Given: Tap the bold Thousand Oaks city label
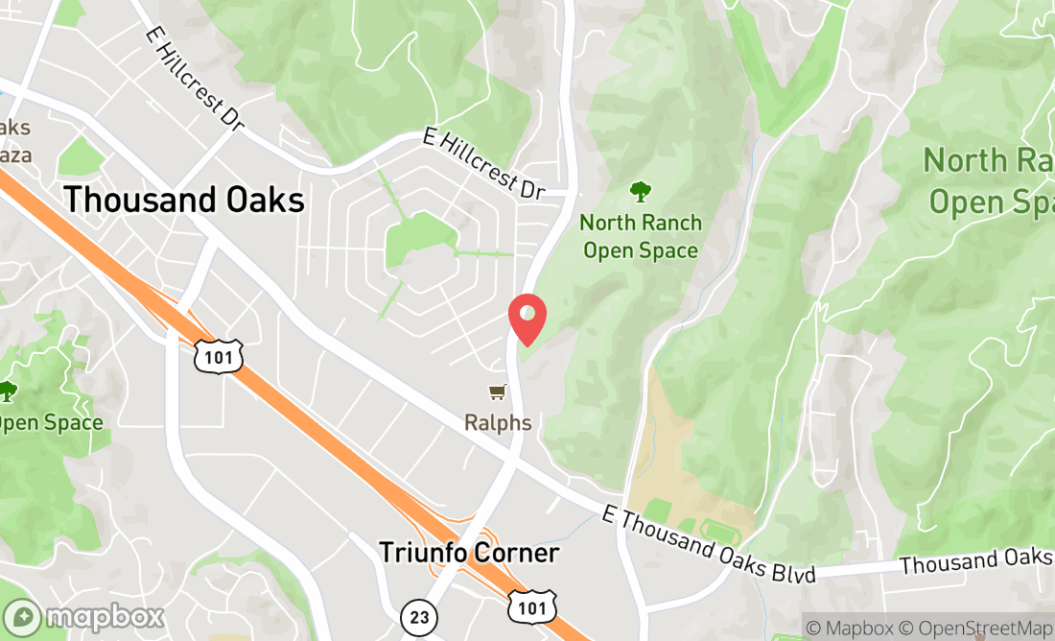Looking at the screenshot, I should click(x=184, y=200).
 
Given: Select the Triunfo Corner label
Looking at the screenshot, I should click(x=468, y=553).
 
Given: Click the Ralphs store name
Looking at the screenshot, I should click(x=498, y=422).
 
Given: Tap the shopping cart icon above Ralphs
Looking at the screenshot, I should click(x=497, y=392).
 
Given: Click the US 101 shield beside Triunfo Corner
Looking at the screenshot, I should click(x=529, y=607).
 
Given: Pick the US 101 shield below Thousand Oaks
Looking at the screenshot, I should click(x=218, y=356).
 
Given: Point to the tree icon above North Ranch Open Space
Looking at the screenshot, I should click(x=639, y=192).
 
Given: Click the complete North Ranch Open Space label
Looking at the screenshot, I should click(x=640, y=236).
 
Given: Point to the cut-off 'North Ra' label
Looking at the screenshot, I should click(x=988, y=180).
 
